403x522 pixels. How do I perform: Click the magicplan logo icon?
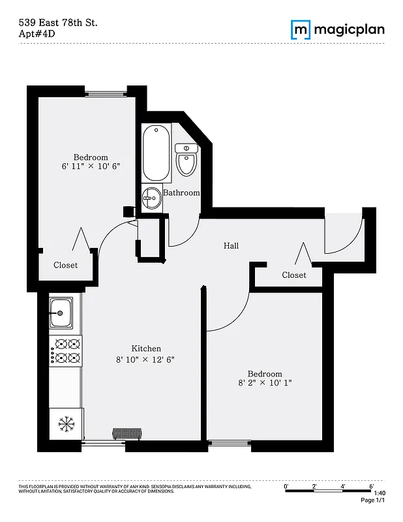[x=301, y=29]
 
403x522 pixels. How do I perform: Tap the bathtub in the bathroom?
[x=157, y=153]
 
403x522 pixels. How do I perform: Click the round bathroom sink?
[x=152, y=196]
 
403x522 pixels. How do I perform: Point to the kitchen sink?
[x=61, y=313]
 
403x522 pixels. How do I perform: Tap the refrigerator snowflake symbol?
[x=66, y=423]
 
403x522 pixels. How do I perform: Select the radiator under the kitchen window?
[x=127, y=433]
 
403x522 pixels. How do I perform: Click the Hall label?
[x=231, y=246]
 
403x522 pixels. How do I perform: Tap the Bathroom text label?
[x=181, y=193]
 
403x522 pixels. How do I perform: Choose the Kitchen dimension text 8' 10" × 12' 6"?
[x=146, y=360]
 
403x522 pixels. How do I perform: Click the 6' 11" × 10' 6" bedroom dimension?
[x=91, y=168]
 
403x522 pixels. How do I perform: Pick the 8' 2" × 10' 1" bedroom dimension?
[x=264, y=383]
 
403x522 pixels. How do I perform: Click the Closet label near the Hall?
[x=294, y=275]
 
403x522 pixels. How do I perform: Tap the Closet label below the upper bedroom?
[x=65, y=266]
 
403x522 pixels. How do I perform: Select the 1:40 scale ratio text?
[x=380, y=493]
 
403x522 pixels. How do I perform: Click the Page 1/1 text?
[x=373, y=500]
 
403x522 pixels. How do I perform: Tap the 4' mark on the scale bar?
[x=343, y=486]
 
